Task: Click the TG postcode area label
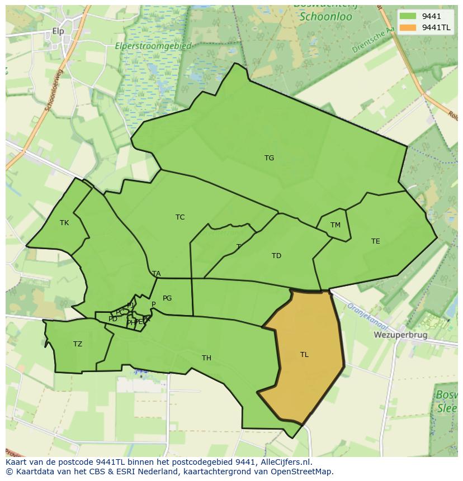click(x=269, y=158)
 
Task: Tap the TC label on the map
click(x=180, y=217)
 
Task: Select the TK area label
click(x=64, y=223)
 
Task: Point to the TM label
click(x=335, y=225)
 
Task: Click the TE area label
click(x=375, y=241)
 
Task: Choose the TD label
click(x=276, y=256)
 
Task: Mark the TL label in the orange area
click(x=304, y=355)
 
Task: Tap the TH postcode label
click(x=206, y=358)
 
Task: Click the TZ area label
click(x=78, y=344)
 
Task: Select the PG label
click(x=167, y=298)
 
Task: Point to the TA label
click(x=157, y=274)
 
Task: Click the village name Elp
click(x=58, y=31)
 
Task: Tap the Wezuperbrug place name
click(x=400, y=335)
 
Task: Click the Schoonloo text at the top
click(x=325, y=17)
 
